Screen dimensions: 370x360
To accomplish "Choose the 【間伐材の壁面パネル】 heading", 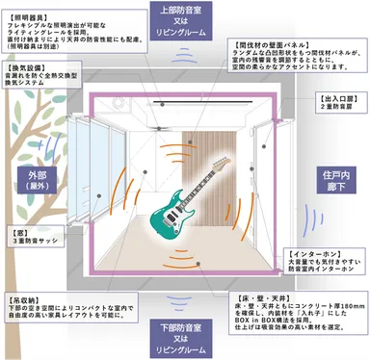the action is click(x=280, y=43).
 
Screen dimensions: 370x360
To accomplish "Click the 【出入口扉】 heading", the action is click(x=338, y=98).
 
